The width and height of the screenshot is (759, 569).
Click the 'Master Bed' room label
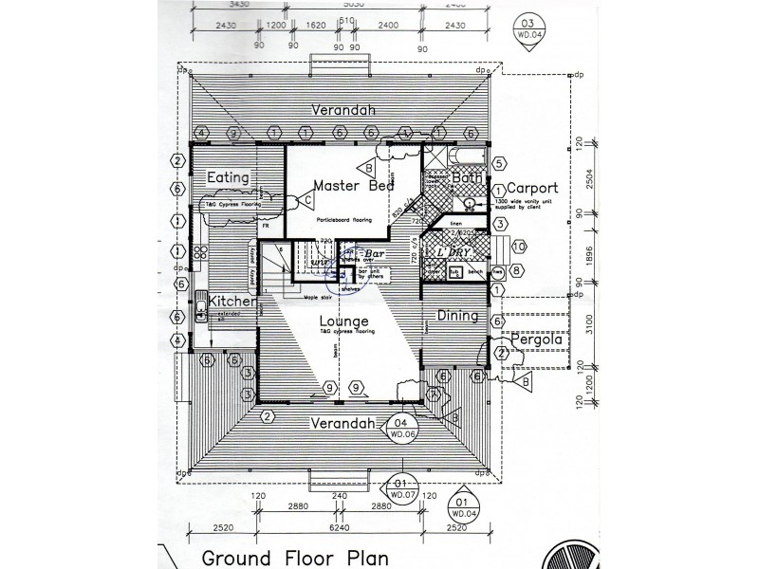tap(353, 186)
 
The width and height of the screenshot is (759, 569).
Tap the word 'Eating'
tap(229, 177)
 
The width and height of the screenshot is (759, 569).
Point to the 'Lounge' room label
tap(342, 321)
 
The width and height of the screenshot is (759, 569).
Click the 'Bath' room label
tap(467, 176)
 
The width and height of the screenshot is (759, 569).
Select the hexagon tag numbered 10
tap(519, 247)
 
